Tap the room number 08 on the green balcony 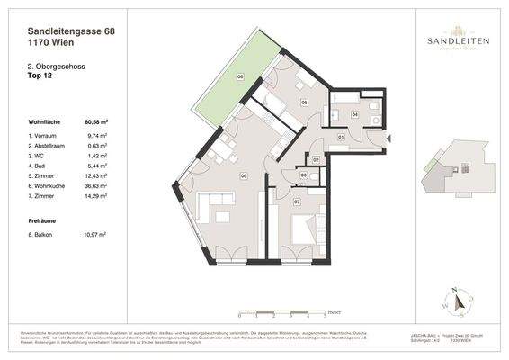point(241,78)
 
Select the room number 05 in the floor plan point(304,103)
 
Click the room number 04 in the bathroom point(354,115)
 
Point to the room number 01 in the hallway point(341,137)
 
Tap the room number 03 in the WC point(304,175)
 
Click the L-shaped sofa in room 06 point(216,209)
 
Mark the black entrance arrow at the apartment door point(389,139)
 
